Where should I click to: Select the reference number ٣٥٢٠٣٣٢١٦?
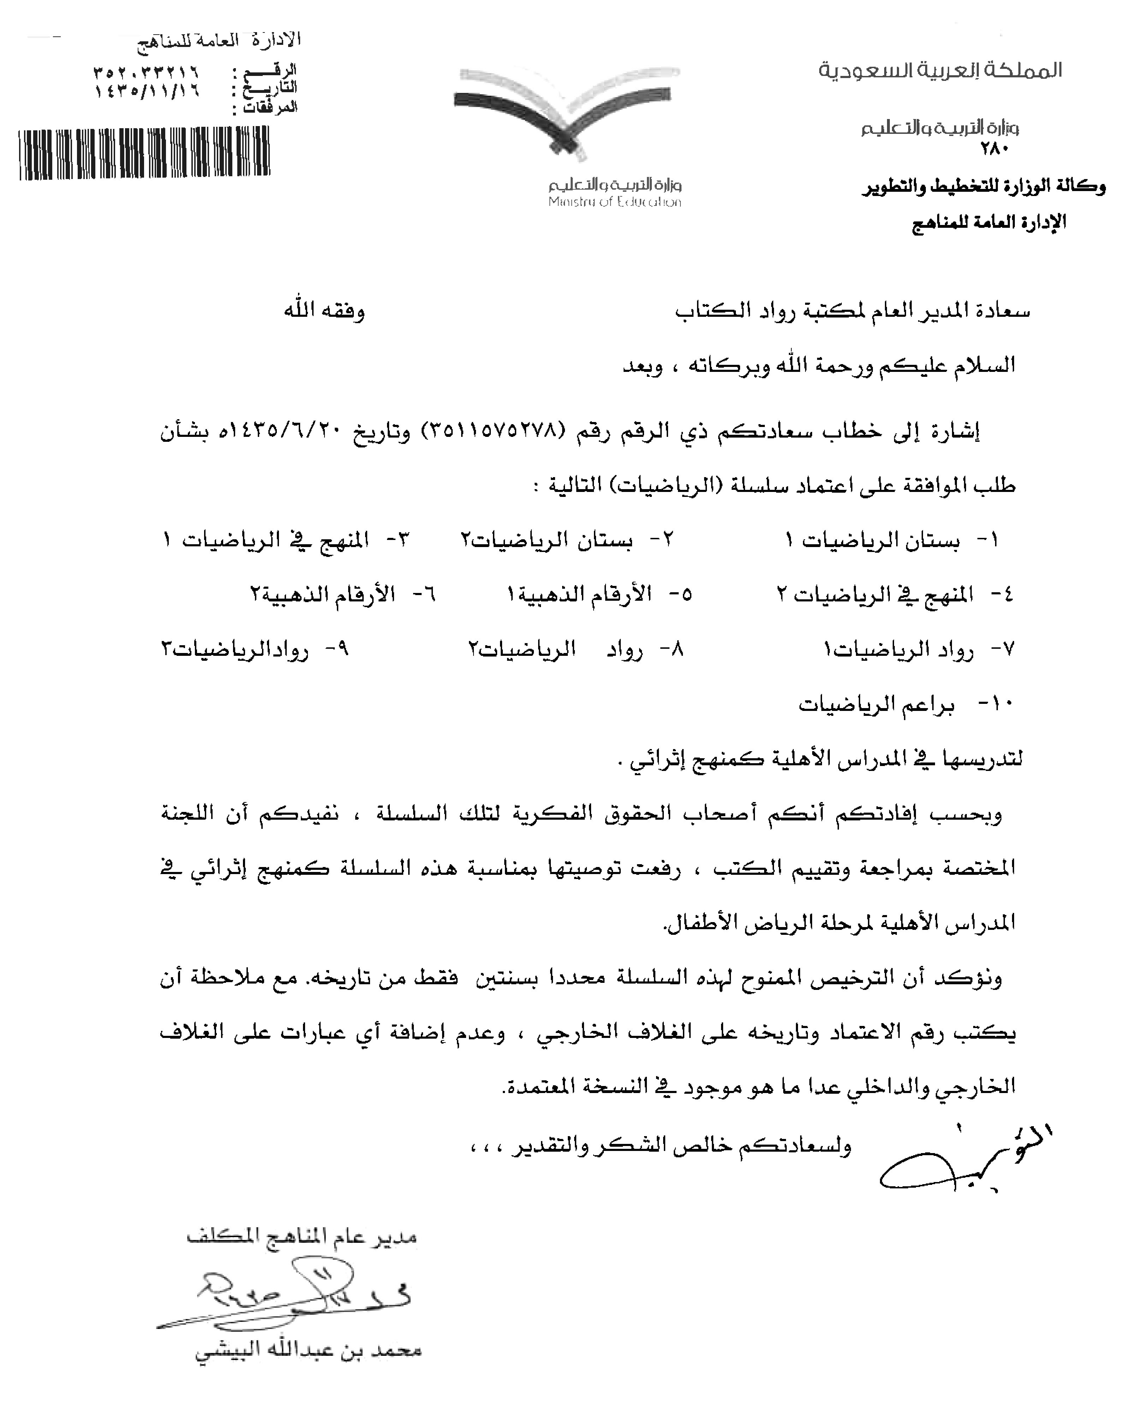tap(146, 70)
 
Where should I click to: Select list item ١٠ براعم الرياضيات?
tap(908, 705)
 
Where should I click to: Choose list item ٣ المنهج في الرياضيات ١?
tap(286, 540)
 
